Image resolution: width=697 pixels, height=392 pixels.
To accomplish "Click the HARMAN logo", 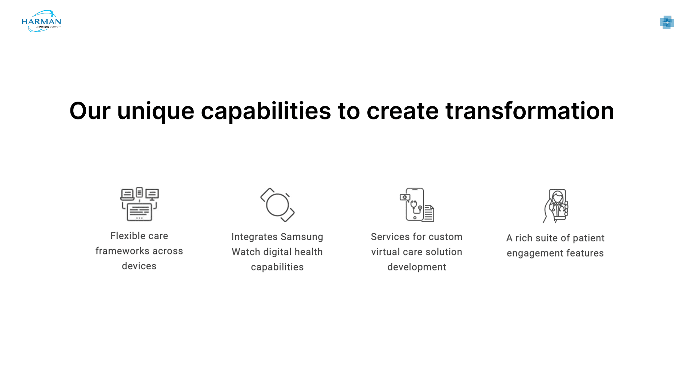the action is pos(41,21).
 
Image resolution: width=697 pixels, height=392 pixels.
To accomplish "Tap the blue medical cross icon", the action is pos(667,23).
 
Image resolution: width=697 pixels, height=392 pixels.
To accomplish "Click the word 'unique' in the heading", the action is pos(156,111).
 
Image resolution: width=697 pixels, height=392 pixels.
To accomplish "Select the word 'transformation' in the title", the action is pos(530,111).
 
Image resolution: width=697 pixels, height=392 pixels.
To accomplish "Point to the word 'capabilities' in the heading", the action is pos(266,111).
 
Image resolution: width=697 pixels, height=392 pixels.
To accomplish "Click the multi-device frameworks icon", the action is pos(139,204).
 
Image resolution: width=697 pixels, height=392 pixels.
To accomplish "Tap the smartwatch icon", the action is pos(277,205).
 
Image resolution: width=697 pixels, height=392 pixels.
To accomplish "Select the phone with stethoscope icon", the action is pos(417,205).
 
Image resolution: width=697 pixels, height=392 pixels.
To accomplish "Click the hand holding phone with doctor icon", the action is pos(555,206).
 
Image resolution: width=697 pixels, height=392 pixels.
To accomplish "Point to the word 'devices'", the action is pos(139,266).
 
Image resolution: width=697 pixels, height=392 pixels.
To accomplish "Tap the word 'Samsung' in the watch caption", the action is pos(302,237).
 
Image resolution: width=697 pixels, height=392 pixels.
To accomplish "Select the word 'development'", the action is pos(417,268).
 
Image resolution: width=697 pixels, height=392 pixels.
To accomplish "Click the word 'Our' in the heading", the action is pos(90,111).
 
